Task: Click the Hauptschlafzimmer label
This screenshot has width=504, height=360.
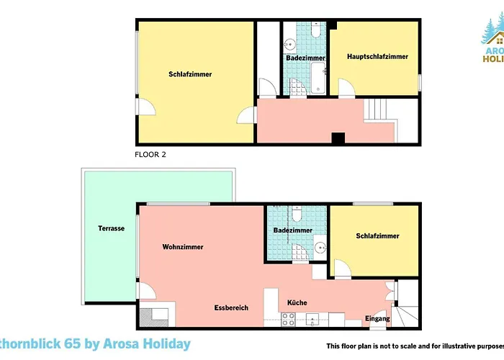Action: coord(377,57)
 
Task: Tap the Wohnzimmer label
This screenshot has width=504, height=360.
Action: coord(182,247)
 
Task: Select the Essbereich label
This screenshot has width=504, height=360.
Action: coord(230,307)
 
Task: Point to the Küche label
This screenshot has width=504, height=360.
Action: coord(297,303)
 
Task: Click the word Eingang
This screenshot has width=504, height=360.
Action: coord(377,318)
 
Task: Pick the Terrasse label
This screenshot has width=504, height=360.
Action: coord(112,228)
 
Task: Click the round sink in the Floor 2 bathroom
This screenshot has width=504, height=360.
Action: coord(290,41)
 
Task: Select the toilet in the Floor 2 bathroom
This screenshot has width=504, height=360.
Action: coord(316,30)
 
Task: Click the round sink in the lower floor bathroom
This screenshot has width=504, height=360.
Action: coord(319,247)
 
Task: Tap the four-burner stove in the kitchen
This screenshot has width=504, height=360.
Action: coord(314,319)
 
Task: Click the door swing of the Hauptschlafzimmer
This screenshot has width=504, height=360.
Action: coord(344,89)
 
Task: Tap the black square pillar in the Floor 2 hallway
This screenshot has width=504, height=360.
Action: coord(338,138)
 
